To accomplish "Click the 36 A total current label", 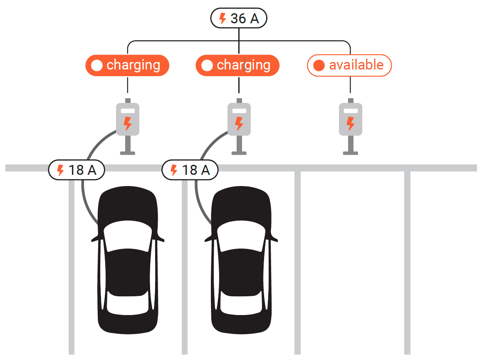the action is pyautogui.click(x=239, y=18).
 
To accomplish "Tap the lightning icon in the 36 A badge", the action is pyautogui.click(x=222, y=18).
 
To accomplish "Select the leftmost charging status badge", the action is pyautogui.click(x=127, y=65).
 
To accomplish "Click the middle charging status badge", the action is pyautogui.click(x=237, y=65).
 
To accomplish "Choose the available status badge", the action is pyautogui.click(x=349, y=65).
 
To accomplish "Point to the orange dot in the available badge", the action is pyautogui.click(x=319, y=65).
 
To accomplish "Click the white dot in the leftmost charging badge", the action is pyautogui.click(x=97, y=65).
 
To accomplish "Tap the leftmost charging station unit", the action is pyautogui.click(x=128, y=127).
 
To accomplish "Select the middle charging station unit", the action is pyautogui.click(x=239, y=127).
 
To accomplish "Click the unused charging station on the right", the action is pyautogui.click(x=351, y=127).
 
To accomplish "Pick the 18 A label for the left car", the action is pyautogui.click(x=77, y=170).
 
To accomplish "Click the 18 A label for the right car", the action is pyautogui.click(x=190, y=170).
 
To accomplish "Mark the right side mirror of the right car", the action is pyautogui.click(x=274, y=238).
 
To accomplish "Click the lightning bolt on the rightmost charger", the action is pyautogui.click(x=351, y=123).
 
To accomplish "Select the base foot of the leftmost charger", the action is pyautogui.click(x=128, y=153).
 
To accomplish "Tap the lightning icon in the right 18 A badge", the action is pyautogui.click(x=174, y=170).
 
